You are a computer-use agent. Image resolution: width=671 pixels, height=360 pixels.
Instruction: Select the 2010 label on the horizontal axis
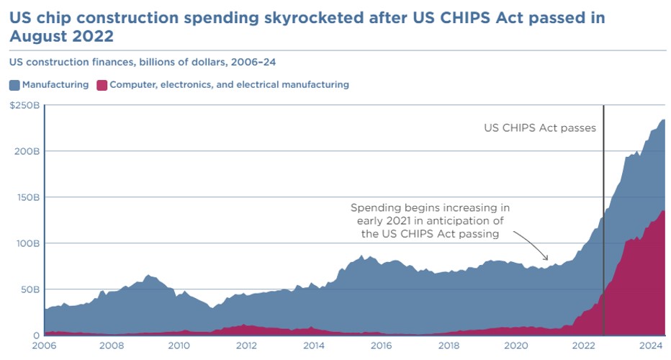(x=179, y=346)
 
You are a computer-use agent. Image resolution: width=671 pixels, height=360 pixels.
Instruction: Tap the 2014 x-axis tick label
(x=313, y=346)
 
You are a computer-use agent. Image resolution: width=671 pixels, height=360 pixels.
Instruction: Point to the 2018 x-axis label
(x=449, y=346)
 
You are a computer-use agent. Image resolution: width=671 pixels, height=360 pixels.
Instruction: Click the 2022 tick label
(x=584, y=346)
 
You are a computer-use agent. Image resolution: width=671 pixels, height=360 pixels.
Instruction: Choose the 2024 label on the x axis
(x=652, y=346)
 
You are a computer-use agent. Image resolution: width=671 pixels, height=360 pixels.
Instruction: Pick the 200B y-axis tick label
(x=26, y=151)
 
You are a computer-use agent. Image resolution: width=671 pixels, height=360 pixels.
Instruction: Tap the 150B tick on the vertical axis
(x=26, y=197)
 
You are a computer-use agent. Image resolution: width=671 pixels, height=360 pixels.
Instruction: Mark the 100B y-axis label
(x=26, y=243)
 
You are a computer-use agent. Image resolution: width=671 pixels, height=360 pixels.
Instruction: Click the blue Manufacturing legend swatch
(x=14, y=85)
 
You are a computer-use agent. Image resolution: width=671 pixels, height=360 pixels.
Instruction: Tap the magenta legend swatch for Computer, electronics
(x=102, y=85)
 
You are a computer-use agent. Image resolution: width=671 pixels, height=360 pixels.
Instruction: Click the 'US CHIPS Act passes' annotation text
(x=539, y=128)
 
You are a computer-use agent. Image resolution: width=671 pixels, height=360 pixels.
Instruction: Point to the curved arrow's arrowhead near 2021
(x=548, y=259)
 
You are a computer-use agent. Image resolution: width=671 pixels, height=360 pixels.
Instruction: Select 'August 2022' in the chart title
(x=61, y=35)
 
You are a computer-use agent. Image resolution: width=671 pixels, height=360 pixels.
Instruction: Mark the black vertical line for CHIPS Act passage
(x=603, y=216)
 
